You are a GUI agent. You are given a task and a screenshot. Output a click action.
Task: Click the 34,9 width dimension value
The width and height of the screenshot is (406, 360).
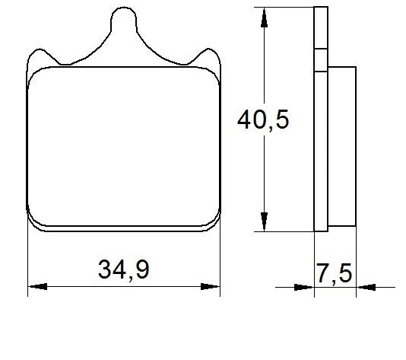coord(122,269)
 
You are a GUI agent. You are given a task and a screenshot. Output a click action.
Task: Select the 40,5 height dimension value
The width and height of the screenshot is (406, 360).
coord(263,120)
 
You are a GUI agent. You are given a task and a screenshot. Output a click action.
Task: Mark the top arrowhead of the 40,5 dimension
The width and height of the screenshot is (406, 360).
coord(263,15)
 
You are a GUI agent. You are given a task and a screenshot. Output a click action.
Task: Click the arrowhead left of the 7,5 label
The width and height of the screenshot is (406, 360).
coord(305,287)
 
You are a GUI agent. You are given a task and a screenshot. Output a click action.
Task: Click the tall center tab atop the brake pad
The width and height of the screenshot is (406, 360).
coord(125,23)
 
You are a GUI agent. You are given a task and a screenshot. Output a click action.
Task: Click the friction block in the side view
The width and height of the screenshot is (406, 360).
coord(342,145)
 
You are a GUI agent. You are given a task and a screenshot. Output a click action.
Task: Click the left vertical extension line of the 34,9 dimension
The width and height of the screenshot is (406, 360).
coord(27,259)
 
